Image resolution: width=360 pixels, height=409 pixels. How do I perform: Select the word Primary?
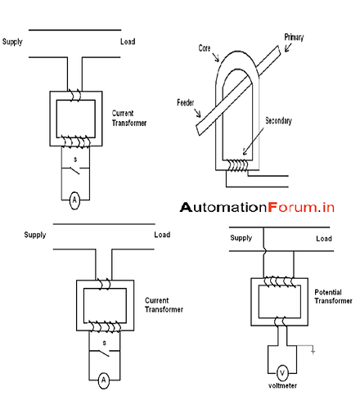coord(295,38)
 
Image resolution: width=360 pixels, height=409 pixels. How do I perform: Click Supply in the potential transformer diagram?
coord(241,238)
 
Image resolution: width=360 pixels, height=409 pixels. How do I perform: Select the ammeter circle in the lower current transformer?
coord(103,380)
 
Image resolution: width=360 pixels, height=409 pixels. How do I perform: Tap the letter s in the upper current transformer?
coord(76,156)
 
